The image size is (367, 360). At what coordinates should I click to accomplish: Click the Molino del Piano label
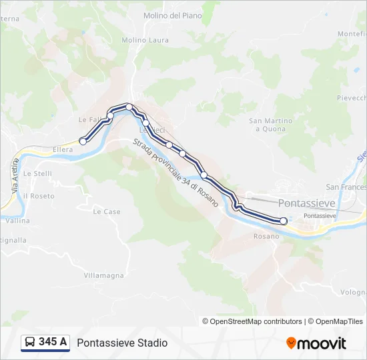coord(172,15)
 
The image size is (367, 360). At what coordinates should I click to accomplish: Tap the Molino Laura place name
coord(145,40)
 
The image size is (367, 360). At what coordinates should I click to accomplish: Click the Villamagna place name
coord(105,274)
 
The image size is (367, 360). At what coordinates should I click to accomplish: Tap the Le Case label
coord(107,211)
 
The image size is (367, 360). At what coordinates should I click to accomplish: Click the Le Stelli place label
coord(37,173)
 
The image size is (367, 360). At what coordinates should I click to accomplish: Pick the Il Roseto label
coord(39,196)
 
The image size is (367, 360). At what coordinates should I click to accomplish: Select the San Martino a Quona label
coord(270,125)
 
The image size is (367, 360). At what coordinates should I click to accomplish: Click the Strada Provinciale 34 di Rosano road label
coord(175,172)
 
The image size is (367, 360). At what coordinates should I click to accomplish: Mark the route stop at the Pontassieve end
coord(284,221)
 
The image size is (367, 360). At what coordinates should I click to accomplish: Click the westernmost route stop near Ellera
coord(83,141)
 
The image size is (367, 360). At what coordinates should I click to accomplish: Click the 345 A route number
coord(53,342)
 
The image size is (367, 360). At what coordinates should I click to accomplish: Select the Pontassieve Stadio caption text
coord(122,343)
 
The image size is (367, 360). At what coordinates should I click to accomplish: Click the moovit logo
coord(316,343)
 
